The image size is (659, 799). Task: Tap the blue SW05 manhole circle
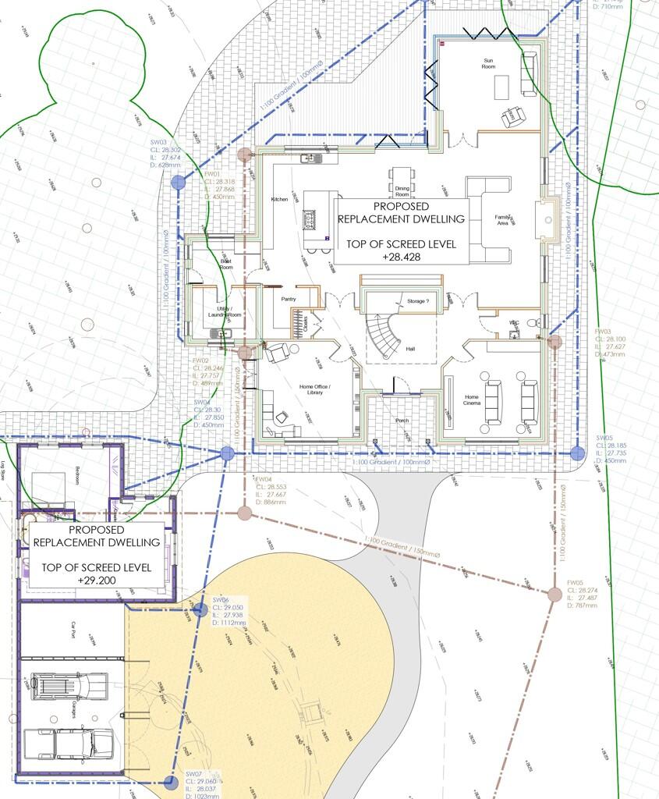(577, 452)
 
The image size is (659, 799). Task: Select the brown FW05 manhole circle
(554, 595)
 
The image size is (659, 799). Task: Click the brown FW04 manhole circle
(244, 513)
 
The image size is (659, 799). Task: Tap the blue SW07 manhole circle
(170, 781)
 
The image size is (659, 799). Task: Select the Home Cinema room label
(472, 401)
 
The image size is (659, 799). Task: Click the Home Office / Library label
(315, 389)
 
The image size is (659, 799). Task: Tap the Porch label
(402, 421)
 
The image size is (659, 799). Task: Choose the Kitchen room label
(279, 200)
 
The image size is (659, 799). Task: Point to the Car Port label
(73, 630)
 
